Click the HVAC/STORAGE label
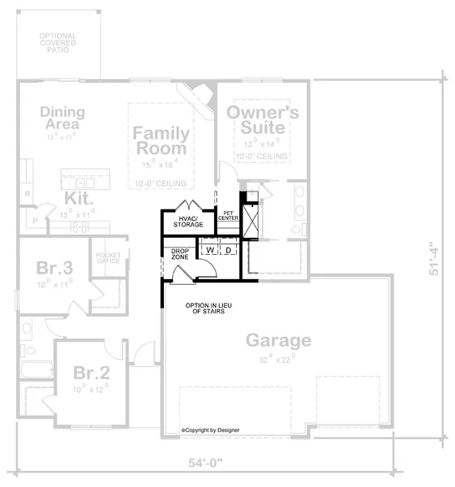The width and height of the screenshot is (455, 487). click(x=188, y=222)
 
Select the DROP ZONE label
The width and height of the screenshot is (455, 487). click(x=179, y=253)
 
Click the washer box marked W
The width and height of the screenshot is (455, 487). click(x=209, y=250)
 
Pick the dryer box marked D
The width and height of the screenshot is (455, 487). click(x=229, y=250)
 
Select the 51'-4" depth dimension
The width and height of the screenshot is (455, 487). click(x=437, y=258)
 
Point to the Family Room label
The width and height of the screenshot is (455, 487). click(x=161, y=140)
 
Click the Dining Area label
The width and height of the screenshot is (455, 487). click(x=59, y=118)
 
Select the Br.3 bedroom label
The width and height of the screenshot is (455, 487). click(x=54, y=268)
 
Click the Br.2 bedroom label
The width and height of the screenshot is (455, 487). click(x=91, y=373)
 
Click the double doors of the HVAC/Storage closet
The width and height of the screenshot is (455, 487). click(x=188, y=204)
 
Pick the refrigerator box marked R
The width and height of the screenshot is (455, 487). click(x=26, y=195)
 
